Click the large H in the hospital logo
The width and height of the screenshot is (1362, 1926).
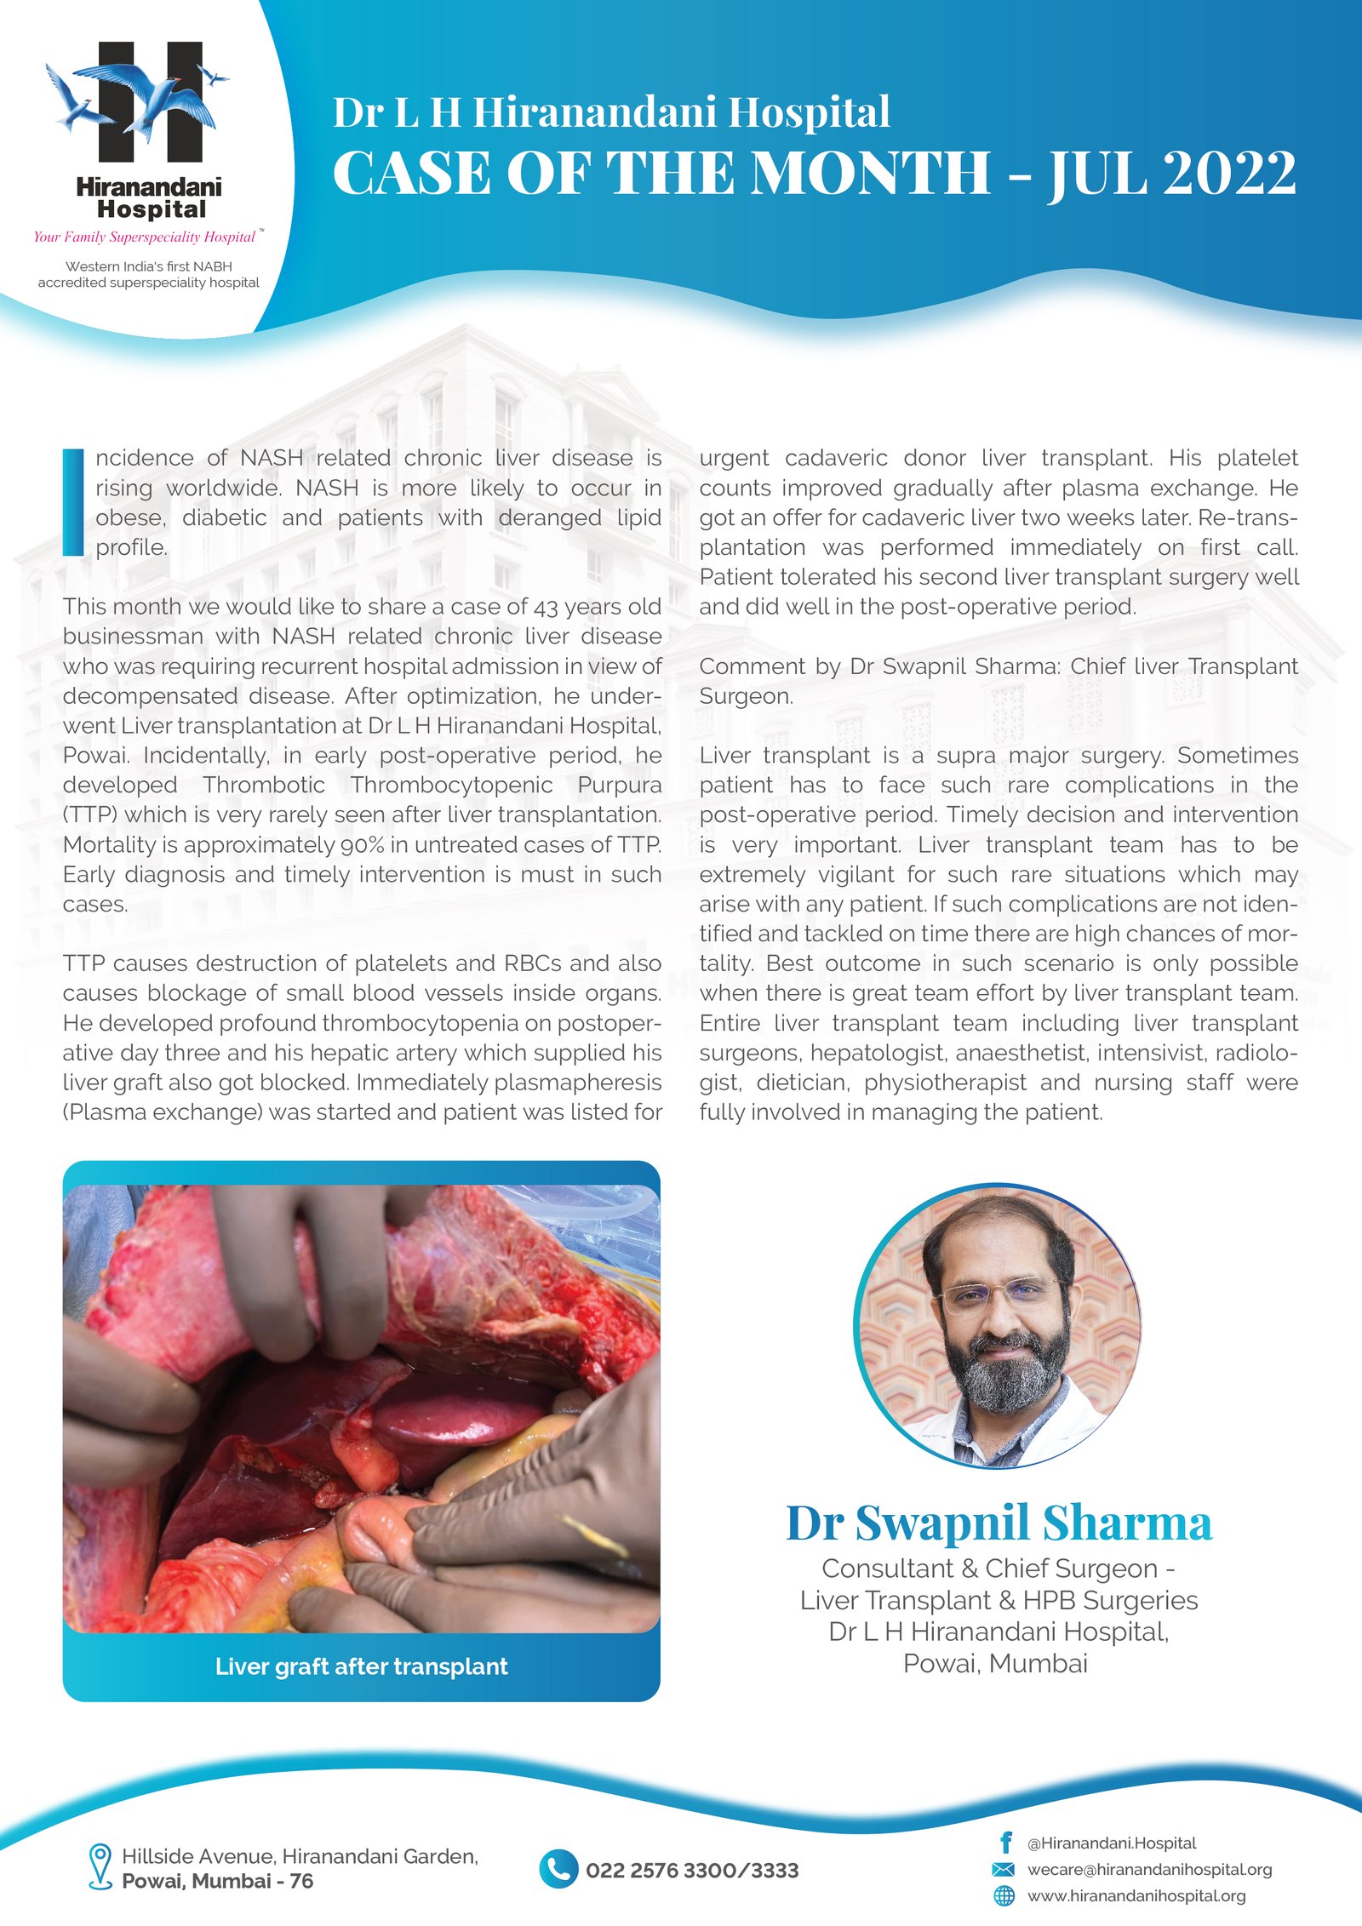tap(151, 102)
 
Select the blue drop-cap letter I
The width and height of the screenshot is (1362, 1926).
tap(74, 502)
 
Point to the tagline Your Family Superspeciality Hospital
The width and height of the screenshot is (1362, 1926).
tap(145, 237)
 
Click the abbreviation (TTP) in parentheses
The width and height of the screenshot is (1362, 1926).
tap(90, 815)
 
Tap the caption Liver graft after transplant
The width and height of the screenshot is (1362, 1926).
tap(361, 1666)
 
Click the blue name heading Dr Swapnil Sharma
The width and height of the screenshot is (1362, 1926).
tap(998, 1523)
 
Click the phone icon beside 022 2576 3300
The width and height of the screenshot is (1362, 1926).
tap(558, 1870)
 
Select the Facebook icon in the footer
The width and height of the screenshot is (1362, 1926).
tap(1005, 1843)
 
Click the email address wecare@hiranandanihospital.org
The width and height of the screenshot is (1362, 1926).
tap(1149, 1869)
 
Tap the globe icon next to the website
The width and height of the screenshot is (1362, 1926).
tap(1004, 1895)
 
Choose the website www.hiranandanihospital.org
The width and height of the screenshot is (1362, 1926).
tap(1136, 1895)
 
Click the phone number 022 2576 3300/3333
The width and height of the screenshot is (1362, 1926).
tap(692, 1871)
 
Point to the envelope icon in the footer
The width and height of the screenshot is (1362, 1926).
tap(1004, 1869)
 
